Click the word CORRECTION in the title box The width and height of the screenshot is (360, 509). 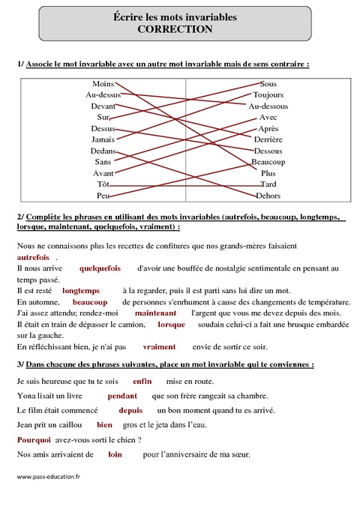pyautogui.click(x=181, y=30)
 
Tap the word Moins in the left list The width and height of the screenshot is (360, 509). pyautogui.click(x=103, y=83)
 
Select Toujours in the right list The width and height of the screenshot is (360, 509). pyautogui.click(x=268, y=95)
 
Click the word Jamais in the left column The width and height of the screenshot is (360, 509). pyautogui.click(x=103, y=139)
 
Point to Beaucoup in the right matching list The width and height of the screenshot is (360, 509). pyautogui.click(x=268, y=162)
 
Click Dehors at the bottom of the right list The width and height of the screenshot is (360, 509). pyautogui.click(x=268, y=195)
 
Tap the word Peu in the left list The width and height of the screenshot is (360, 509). pyautogui.click(x=103, y=195)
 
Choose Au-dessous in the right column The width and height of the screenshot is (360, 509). pyautogui.click(x=268, y=106)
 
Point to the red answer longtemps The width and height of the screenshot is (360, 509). pyautogui.click(x=81, y=289)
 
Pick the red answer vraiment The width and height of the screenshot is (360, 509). pyautogui.click(x=158, y=346)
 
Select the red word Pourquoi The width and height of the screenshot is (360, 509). pyautogui.click(x=33, y=440)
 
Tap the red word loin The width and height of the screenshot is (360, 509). pyautogui.click(x=115, y=454)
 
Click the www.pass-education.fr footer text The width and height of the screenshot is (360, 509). pyautogui.click(x=46, y=475)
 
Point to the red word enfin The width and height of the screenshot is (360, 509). pyautogui.click(x=142, y=381)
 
